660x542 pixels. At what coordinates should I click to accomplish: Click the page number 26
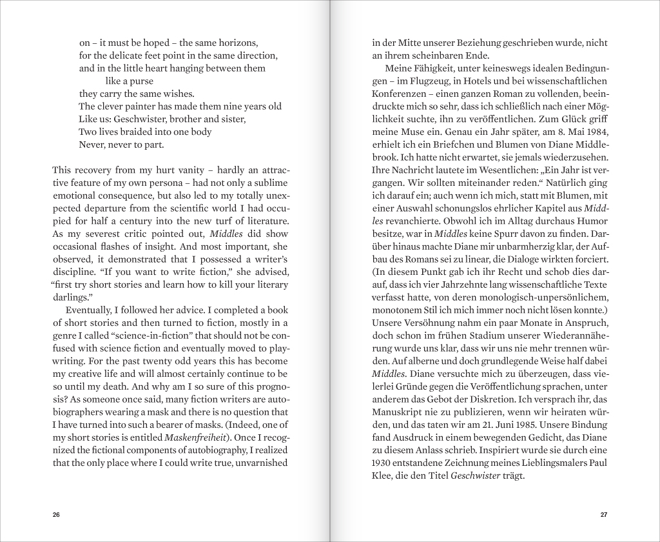pyautogui.click(x=56, y=514)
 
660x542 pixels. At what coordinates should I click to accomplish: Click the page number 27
pyautogui.click(x=604, y=514)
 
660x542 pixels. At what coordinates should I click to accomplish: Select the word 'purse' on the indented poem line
pyautogui.click(x=141, y=81)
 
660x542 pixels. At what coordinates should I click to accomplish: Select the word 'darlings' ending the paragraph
pyautogui.click(x=71, y=297)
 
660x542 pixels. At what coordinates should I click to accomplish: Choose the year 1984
pyautogui.click(x=594, y=132)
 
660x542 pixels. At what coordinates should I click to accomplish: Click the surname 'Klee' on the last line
pyautogui.click(x=384, y=476)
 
